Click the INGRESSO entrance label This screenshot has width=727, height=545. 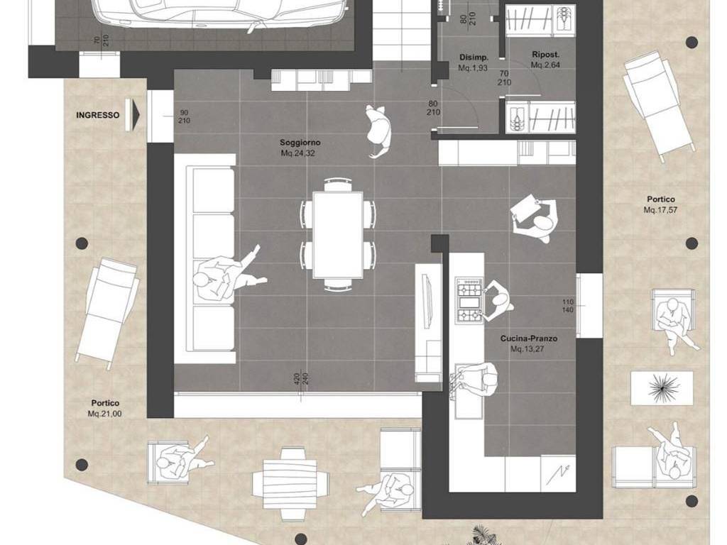tap(97, 115)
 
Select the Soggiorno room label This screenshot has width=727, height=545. tap(300, 143)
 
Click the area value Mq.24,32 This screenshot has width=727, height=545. tap(297, 153)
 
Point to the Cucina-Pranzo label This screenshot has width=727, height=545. tap(528, 338)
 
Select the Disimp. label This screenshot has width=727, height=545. tap(474, 57)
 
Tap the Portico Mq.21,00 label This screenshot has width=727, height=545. tap(105, 408)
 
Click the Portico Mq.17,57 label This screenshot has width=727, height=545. tap(661, 204)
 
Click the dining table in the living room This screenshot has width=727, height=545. tap(337, 234)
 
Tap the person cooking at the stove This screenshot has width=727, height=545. tap(498, 300)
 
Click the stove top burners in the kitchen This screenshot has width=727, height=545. tap(469, 300)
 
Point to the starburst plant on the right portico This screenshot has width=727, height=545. tap(662, 387)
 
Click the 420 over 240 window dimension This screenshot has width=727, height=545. tap(300, 380)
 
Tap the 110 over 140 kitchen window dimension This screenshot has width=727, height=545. tap(568, 306)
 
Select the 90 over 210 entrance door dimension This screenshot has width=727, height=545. tap(184, 117)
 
